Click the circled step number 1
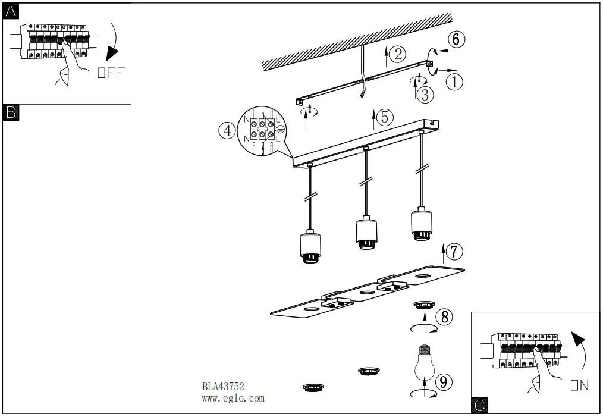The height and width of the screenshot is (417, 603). [x=454, y=81]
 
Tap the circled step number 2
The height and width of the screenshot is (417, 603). [x=398, y=54]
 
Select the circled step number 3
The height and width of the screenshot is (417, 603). [x=425, y=94]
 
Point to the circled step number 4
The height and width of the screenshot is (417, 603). [x=227, y=130]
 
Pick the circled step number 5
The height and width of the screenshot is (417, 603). [x=385, y=117]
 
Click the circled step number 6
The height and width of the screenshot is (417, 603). [x=456, y=39]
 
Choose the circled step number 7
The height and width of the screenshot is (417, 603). [x=454, y=252]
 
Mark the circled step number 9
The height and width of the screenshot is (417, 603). [x=441, y=382]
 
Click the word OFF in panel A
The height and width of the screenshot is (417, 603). [x=111, y=74]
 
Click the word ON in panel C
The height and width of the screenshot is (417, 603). [x=579, y=385]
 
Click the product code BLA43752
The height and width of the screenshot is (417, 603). [x=224, y=386]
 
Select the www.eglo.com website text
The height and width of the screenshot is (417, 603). [x=233, y=399]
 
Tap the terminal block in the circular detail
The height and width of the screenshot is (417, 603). [x=262, y=131]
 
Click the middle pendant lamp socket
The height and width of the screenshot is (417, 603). [x=367, y=234]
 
